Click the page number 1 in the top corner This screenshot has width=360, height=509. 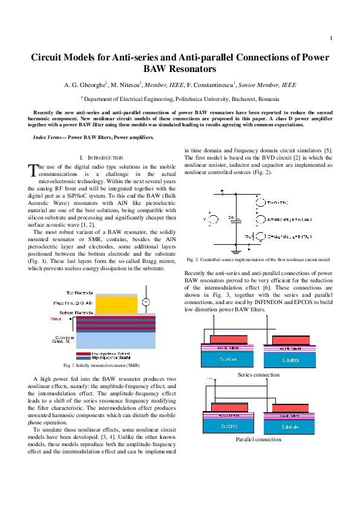[x=332, y=39]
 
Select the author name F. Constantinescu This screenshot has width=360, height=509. [x=209, y=86]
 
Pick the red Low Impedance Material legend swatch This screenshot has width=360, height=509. [x=83, y=353]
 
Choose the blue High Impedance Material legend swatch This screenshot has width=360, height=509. [x=83, y=357]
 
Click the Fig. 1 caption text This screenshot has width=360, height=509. [x=102, y=366]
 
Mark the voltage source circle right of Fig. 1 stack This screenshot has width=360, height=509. [x=146, y=302]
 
